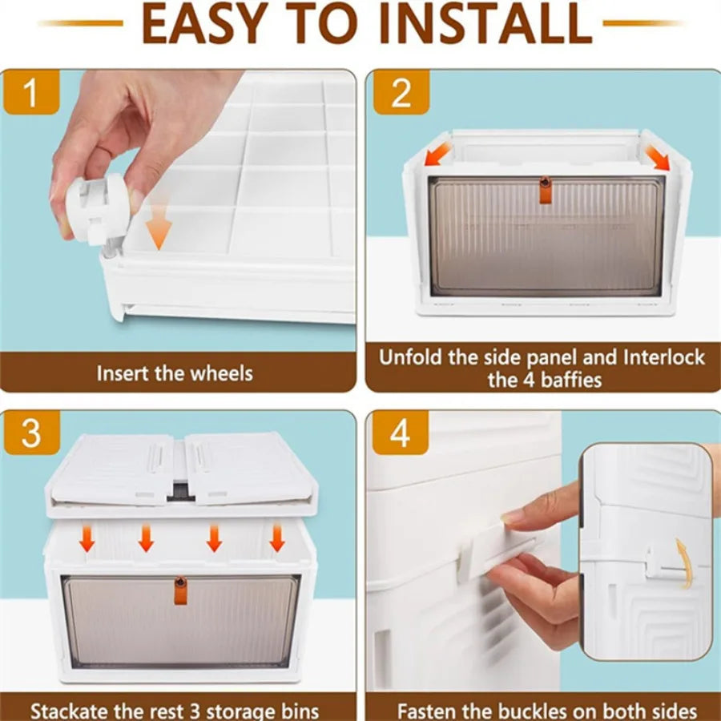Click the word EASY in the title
coord(205,23)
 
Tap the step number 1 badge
coord(30,92)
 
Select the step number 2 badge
coord(401,92)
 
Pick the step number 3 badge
coord(31,433)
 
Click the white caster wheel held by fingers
coord(97,209)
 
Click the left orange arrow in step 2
coord(437,153)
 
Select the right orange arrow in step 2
coord(657,157)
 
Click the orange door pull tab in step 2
coord(546,189)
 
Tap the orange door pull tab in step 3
coord(181,590)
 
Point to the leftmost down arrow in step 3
coord(87,538)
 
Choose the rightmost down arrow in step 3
coord(277,538)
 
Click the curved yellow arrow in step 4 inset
coord(684,564)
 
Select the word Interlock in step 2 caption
coord(664,358)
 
